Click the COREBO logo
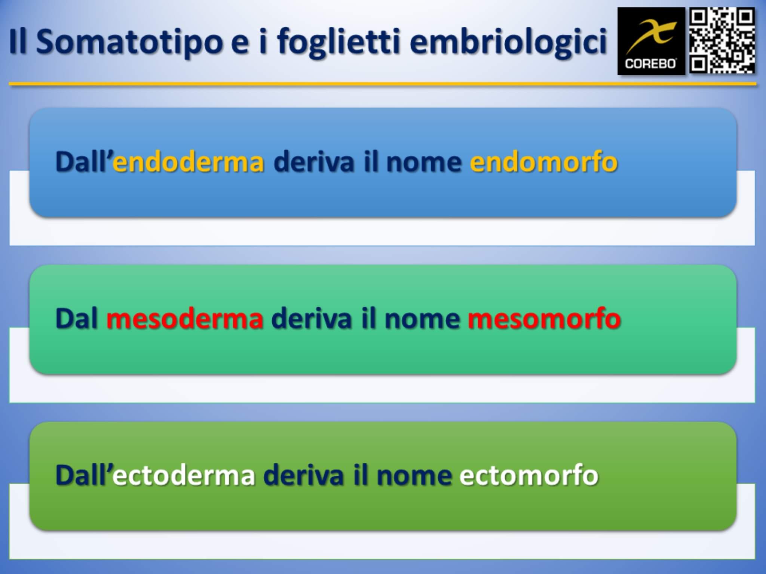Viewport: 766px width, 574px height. click(x=651, y=41)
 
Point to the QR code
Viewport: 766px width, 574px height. click(x=722, y=41)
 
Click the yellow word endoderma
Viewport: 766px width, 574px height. click(x=189, y=161)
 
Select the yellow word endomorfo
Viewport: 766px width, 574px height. click(x=543, y=161)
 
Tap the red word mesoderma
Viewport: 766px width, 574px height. click(x=185, y=318)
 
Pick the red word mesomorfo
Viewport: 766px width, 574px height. click(x=544, y=318)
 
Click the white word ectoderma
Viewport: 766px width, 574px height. click(x=183, y=475)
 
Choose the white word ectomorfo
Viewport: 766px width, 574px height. click(x=529, y=475)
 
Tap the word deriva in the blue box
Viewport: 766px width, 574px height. click(x=314, y=161)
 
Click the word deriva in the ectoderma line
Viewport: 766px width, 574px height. click(x=303, y=475)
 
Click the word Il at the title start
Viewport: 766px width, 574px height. click(x=18, y=42)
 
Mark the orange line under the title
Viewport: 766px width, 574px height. click(x=382, y=84)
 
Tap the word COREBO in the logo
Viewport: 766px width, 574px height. click(x=650, y=64)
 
